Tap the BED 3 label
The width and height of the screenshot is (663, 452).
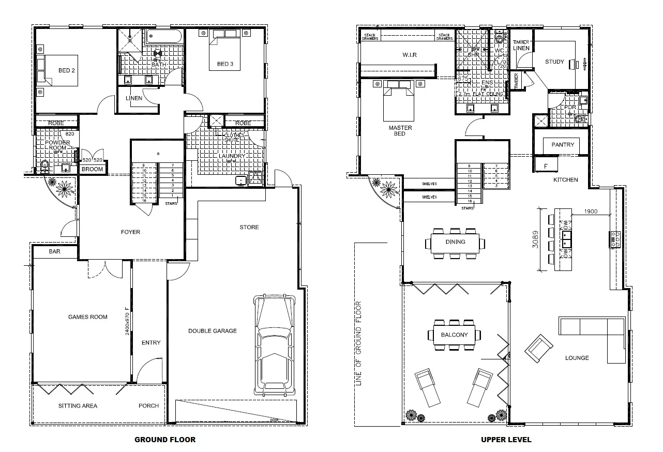point(225,64)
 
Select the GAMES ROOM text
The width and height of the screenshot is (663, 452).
point(88,317)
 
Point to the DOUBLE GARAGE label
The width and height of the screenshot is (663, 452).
point(212,331)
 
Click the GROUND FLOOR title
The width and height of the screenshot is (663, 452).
point(165,440)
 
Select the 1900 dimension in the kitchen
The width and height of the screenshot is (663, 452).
point(591,212)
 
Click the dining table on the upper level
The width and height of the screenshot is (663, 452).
point(455,242)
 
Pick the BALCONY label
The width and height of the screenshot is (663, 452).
point(454,335)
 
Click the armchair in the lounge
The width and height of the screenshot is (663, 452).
point(538,348)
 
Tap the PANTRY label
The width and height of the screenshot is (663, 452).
point(563,145)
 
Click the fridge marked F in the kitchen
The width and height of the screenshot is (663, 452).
point(547,165)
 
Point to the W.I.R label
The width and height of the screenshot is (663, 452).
point(410,55)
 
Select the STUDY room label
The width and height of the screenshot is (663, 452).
point(554,62)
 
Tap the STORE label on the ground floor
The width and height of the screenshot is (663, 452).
point(249,227)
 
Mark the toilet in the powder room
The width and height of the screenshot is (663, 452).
point(46,166)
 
